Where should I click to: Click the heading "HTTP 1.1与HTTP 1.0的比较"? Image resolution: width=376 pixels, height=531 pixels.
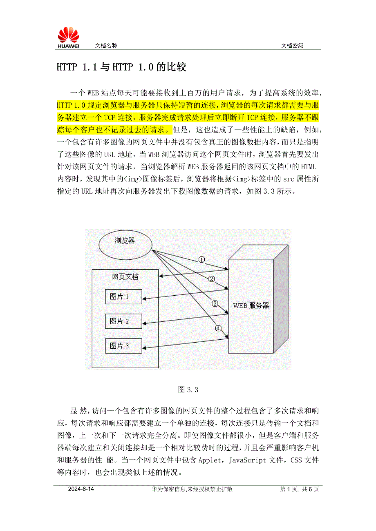pos(121,67)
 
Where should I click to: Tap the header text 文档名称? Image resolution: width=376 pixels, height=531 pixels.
pos(106,46)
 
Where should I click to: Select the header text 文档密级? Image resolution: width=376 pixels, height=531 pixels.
pos(292,46)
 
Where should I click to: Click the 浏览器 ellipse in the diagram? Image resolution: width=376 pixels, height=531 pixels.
pos(125,245)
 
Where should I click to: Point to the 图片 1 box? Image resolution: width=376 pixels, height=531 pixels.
pos(123,297)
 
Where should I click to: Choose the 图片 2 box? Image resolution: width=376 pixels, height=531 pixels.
pos(123,321)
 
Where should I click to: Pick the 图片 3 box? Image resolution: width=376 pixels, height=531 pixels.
pos(123,346)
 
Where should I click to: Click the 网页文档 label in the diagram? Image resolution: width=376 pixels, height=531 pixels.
pos(125,277)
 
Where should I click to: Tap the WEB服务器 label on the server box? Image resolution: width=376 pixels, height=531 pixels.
pos(251,305)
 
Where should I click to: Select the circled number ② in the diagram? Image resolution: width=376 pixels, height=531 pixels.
pos(212,279)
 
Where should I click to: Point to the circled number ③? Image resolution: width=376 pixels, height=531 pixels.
pos(215,303)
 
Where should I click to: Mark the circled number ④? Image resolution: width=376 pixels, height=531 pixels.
pos(219,328)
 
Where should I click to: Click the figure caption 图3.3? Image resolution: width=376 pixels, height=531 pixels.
pos(188,390)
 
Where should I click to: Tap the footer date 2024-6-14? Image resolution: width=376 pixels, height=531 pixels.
pos(81,489)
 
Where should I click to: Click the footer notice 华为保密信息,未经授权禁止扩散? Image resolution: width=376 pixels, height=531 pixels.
pos(192,489)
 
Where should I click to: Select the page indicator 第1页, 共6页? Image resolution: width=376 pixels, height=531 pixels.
pos(300,489)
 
